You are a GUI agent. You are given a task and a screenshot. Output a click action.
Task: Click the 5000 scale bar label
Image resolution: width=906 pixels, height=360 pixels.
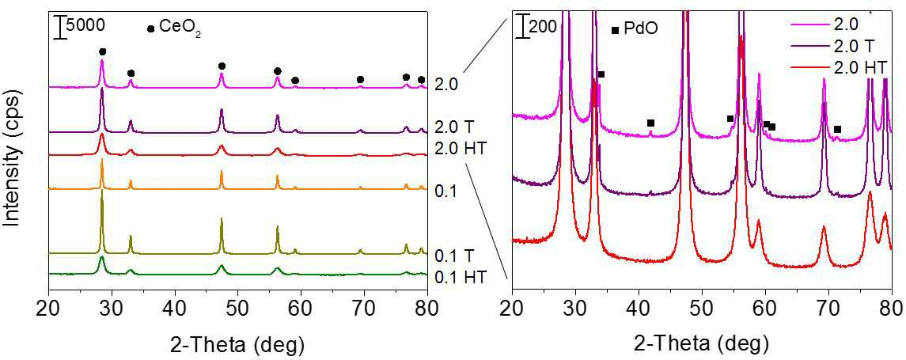pos(85,25)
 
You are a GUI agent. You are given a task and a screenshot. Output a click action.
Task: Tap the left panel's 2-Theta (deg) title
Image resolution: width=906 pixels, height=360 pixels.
pos(237,344)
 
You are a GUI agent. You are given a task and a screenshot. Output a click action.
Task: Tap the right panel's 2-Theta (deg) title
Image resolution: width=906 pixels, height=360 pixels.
pos(702,344)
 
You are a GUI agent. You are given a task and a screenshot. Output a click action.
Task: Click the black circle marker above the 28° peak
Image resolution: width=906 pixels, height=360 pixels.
pos(102,52)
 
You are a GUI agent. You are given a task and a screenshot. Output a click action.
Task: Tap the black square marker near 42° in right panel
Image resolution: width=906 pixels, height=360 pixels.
pos(650,123)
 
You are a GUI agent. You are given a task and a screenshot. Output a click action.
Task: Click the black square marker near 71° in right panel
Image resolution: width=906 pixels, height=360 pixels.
pos(837,129)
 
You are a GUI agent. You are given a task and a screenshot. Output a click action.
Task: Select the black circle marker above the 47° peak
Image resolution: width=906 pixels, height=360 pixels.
pos(222,66)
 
